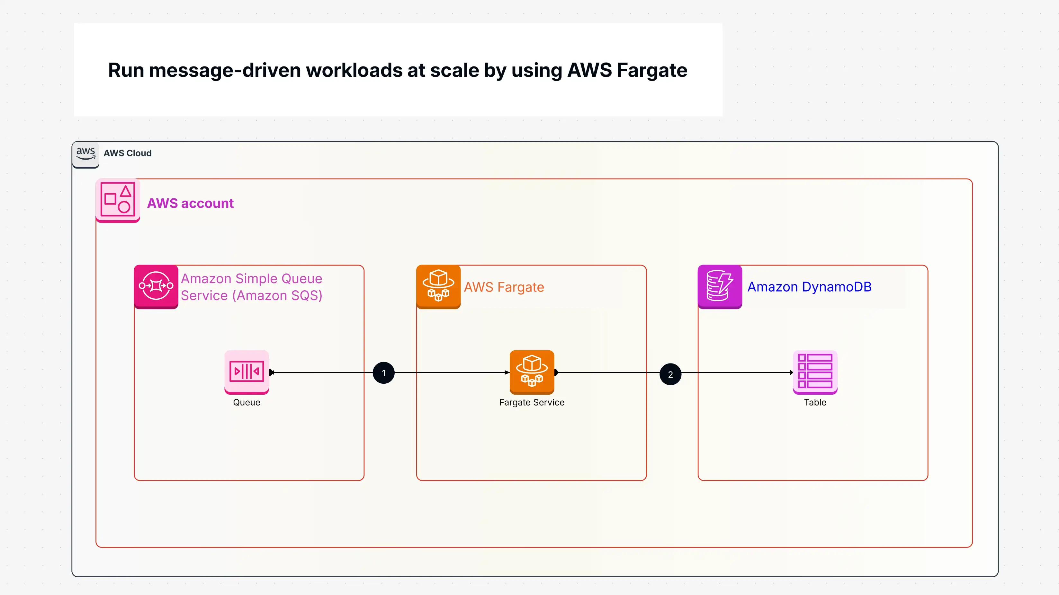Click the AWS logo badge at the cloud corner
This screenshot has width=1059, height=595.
[x=85, y=154]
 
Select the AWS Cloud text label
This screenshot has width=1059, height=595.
[x=128, y=153]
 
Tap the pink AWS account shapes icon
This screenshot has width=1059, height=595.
[x=118, y=200]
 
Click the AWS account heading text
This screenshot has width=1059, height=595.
[x=190, y=203]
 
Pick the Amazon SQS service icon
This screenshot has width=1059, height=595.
[x=156, y=286]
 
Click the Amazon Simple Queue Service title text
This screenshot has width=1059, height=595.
[x=251, y=287]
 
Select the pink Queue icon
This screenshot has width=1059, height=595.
[x=247, y=372]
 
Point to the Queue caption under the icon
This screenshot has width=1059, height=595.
[x=247, y=402]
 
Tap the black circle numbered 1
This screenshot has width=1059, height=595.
[x=383, y=373]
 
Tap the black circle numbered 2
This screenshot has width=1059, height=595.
[x=670, y=374]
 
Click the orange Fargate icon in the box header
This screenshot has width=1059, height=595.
[x=438, y=286]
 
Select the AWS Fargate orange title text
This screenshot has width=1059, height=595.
[x=504, y=287]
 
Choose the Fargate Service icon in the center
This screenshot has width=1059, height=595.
[x=532, y=372]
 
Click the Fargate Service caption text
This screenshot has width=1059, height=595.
[x=532, y=402]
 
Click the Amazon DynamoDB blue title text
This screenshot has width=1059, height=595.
[x=809, y=287]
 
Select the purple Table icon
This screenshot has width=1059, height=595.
[x=815, y=372]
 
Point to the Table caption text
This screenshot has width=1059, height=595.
[x=815, y=402]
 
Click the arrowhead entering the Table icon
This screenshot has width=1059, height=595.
[x=791, y=372]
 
